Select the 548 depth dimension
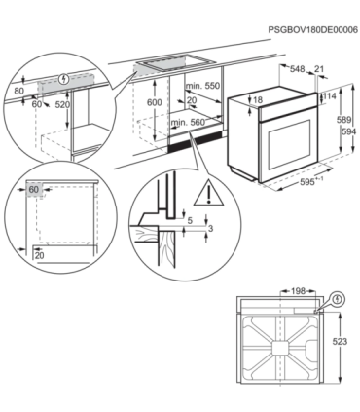[298, 68]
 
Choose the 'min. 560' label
[191, 124]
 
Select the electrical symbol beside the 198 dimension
[336, 300]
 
